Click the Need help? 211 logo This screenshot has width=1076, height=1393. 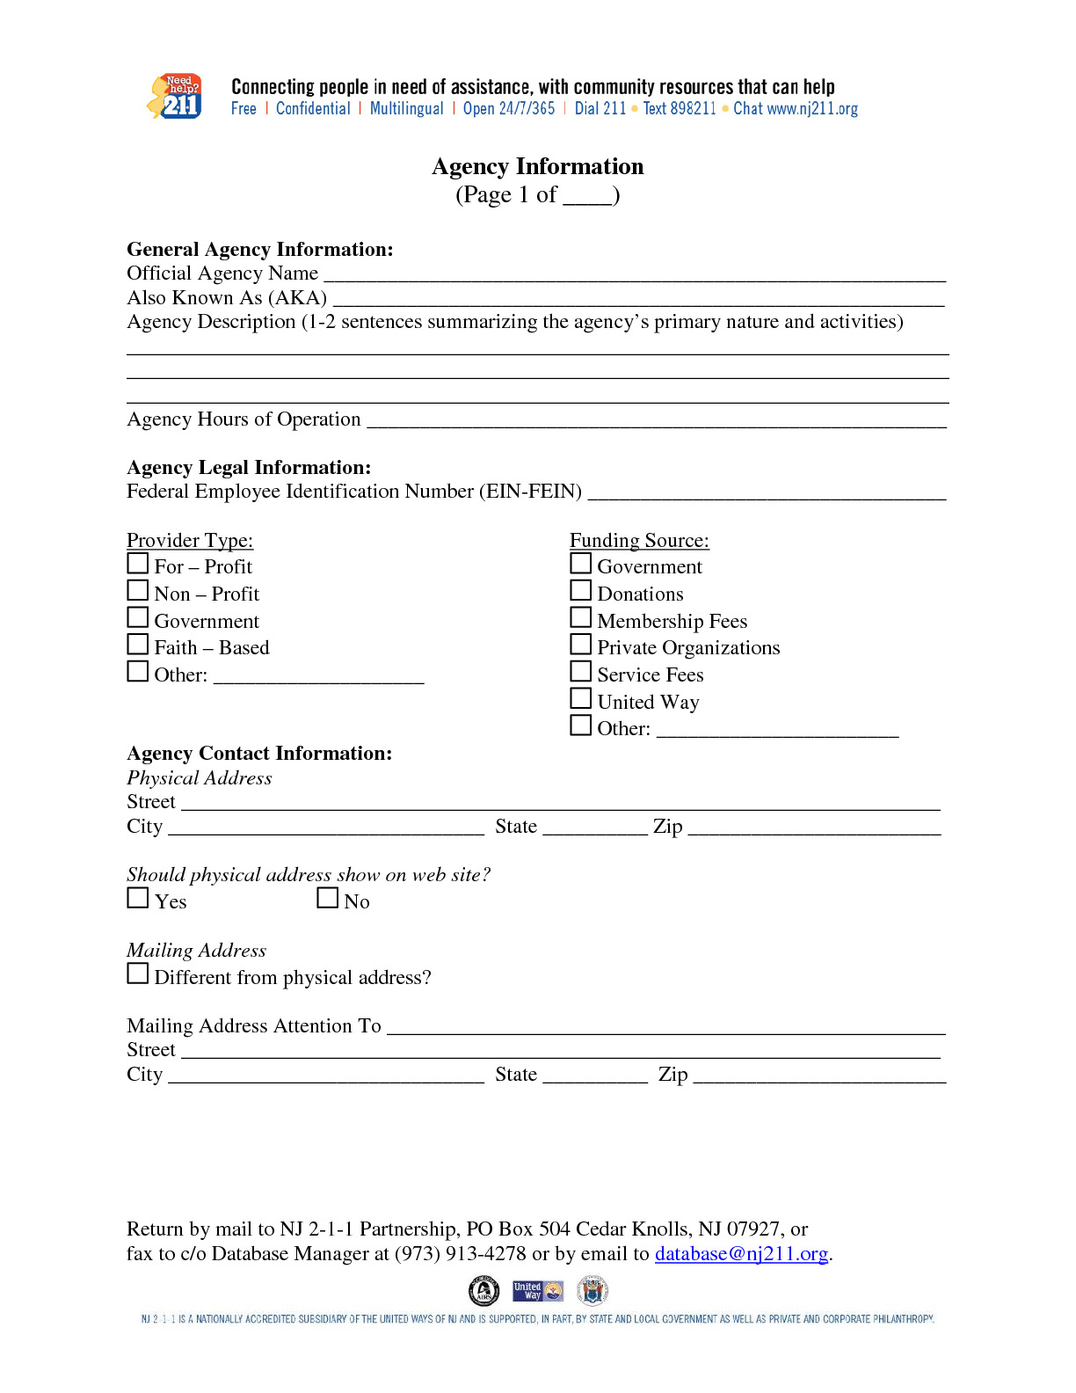click(x=174, y=97)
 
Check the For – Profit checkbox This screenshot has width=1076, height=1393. click(x=138, y=563)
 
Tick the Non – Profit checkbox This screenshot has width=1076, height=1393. click(x=138, y=590)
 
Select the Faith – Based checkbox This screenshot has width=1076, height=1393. click(x=138, y=644)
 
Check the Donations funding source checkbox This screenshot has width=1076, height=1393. click(x=580, y=590)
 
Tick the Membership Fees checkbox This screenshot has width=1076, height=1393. click(x=580, y=617)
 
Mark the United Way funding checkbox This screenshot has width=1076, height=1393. click(x=580, y=698)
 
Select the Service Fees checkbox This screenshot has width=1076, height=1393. click(x=580, y=671)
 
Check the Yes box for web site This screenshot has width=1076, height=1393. click(x=138, y=898)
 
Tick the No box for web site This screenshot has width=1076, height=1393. click(x=328, y=898)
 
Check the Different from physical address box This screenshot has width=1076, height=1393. click(x=138, y=974)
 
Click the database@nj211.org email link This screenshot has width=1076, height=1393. click(x=741, y=1254)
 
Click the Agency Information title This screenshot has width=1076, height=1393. click(x=537, y=167)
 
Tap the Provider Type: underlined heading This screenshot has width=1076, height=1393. click(x=190, y=541)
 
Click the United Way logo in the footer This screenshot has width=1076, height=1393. click(x=538, y=1291)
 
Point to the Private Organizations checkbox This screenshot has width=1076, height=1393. click(x=580, y=645)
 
